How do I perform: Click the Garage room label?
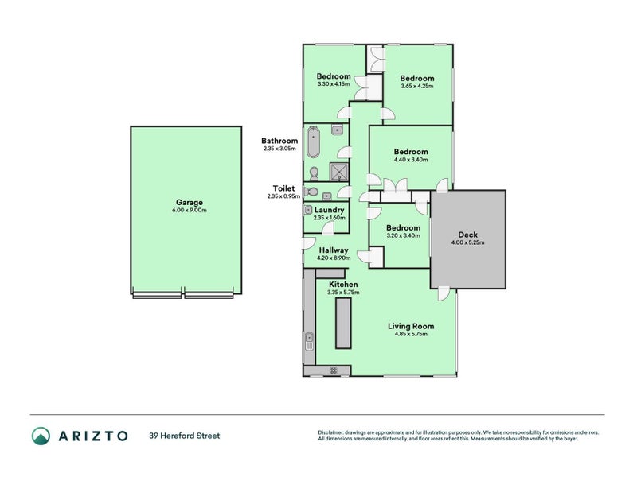click(x=190, y=202)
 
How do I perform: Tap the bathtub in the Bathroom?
click(x=313, y=142)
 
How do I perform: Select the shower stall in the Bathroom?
click(x=339, y=172)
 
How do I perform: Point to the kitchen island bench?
click(x=343, y=323)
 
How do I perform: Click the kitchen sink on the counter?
click(x=309, y=341)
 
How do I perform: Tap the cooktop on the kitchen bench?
click(x=334, y=370)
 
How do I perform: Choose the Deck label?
click(x=467, y=235)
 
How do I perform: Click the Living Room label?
click(x=411, y=326)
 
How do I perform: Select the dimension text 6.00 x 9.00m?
click(x=190, y=210)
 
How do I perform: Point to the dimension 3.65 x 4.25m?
click(x=416, y=86)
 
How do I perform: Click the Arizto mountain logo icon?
click(x=41, y=436)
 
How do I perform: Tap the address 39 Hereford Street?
click(x=185, y=436)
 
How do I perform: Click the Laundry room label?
click(x=329, y=210)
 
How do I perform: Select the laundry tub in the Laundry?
click(x=307, y=210)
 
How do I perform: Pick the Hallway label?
click(x=333, y=250)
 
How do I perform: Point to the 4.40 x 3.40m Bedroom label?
click(x=411, y=152)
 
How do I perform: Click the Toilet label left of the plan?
click(x=283, y=188)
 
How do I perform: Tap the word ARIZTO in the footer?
click(x=93, y=436)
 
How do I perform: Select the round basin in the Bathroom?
click(x=336, y=130)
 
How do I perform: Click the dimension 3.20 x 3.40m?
click(x=403, y=235)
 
